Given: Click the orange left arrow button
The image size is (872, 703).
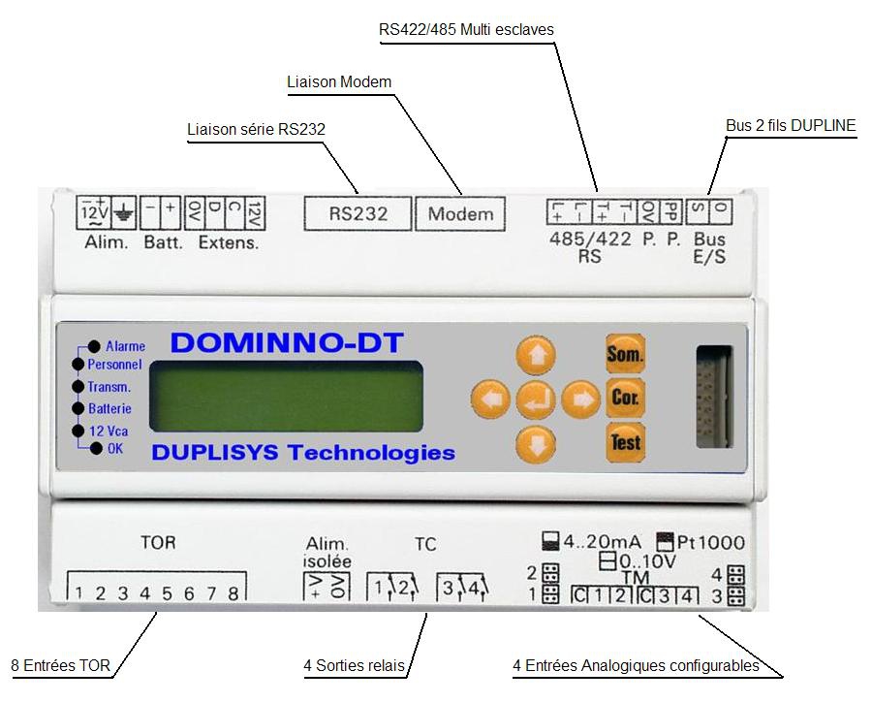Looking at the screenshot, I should tap(490, 398).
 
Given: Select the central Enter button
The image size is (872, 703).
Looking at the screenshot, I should tap(536, 398).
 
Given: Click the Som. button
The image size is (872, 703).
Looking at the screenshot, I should tap(625, 354).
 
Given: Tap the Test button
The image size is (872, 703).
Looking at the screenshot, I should tap(625, 442).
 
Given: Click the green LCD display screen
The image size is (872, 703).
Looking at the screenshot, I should tap(288, 398).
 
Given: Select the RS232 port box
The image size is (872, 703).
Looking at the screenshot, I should tap(358, 213).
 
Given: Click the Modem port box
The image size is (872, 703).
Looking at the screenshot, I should tap(460, 213).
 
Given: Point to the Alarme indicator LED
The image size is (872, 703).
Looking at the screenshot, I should tap(94, 346).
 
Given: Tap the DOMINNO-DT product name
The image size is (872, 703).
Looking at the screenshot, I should tap(287, 342).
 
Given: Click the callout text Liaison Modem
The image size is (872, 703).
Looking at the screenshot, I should tap(339, 82).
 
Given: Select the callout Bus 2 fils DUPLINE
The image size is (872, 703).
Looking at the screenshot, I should tap(791, 126).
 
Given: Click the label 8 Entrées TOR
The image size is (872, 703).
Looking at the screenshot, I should tap(60, 666).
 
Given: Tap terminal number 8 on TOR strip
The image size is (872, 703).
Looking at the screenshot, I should tap(233, 593).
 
